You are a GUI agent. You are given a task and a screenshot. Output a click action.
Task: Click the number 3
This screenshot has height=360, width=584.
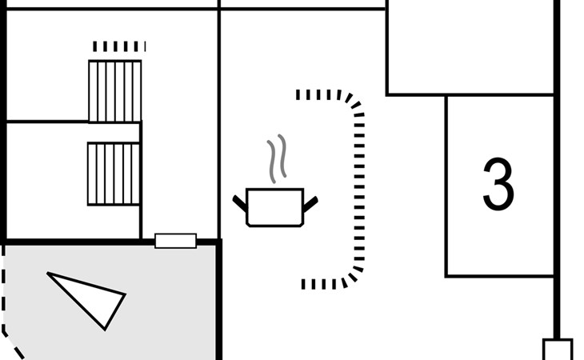tap(498, 184)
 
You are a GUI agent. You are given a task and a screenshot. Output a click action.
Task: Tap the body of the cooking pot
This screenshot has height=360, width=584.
tap(274, 206)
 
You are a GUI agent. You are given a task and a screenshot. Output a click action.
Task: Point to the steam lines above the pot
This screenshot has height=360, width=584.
tap(277, 158)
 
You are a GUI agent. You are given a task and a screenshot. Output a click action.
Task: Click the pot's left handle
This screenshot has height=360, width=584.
tap(239, 202)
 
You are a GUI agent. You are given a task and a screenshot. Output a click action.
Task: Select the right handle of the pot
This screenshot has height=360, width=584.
tap(310, 203)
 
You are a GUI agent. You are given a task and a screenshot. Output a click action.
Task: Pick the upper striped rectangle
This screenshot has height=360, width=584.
tap(114, 91)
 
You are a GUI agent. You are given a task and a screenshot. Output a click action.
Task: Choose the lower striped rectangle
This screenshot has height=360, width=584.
tap(114, 174)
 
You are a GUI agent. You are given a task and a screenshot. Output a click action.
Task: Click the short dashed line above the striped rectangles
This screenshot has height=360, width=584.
tap(119, 46)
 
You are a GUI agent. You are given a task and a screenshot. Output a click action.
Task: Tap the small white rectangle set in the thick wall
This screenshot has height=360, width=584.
tap(175, 241)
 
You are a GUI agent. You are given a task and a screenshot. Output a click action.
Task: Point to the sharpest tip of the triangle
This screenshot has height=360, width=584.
tap(50, 275)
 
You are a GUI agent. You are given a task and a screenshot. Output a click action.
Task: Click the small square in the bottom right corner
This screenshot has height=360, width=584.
tap(558, 350)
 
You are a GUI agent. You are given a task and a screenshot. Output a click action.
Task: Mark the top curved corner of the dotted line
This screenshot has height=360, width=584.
tap(352, 101)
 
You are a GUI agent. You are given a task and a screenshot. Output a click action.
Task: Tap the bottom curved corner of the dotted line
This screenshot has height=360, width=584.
tap(351, 275)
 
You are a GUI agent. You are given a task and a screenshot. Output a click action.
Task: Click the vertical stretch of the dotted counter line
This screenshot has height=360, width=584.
tap(359, 188)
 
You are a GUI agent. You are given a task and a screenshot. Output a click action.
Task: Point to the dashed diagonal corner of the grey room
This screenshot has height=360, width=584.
tap(11, 341)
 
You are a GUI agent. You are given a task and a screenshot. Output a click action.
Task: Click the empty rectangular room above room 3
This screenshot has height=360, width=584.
tap(470, 48)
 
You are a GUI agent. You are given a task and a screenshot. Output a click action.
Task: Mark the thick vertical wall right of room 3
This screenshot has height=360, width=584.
tap(557, 184)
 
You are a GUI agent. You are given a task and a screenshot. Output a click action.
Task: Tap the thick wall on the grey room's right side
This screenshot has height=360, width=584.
tap(218, 304)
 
